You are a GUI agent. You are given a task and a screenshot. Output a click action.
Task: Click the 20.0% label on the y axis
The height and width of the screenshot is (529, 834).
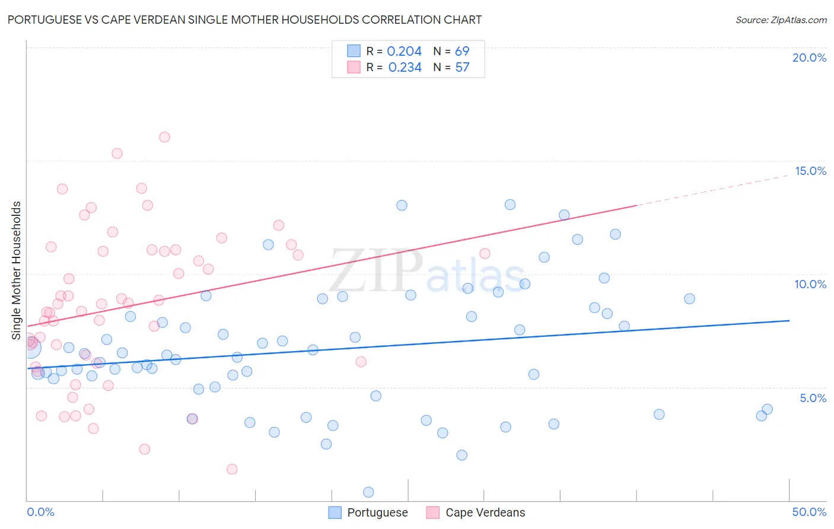point(809,58)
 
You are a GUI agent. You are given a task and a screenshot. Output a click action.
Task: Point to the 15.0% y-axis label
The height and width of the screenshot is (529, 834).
point(810,171)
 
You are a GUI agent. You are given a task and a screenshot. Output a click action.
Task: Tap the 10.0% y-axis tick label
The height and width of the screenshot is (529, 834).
point(810,284)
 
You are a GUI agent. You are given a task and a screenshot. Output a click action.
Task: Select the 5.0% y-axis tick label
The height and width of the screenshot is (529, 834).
point(813,398)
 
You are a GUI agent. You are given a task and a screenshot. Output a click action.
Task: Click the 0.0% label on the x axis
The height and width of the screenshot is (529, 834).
point(40,512)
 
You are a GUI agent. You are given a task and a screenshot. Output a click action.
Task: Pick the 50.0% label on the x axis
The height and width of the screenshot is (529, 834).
point(809,512)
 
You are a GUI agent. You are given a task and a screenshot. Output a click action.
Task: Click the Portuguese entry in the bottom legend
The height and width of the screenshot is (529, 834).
point(377,512)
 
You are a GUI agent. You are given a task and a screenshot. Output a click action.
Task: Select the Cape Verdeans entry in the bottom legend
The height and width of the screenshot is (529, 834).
point(485,512)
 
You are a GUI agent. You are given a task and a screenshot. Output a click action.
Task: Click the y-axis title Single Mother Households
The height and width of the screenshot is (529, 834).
point(17,270)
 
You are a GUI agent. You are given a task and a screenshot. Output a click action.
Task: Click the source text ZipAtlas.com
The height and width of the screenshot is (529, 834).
point(798,20)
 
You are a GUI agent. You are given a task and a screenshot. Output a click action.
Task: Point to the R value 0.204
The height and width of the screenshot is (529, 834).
point(404,52)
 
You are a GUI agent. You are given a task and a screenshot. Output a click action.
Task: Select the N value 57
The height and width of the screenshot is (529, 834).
point(462,68)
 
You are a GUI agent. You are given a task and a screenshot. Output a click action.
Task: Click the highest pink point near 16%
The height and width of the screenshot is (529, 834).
point(164,137)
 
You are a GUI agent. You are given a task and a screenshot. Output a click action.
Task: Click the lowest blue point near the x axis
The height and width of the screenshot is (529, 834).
point(368,492)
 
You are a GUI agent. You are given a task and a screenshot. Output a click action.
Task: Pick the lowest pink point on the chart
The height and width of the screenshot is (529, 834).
point(232,469)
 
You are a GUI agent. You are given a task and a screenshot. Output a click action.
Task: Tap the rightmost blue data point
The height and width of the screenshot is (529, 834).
point(767,409)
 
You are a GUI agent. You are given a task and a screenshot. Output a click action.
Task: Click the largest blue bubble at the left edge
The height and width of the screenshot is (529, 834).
point(31,348)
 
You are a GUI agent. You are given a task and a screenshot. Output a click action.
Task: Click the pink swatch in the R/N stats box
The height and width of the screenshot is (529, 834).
point(354,67)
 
